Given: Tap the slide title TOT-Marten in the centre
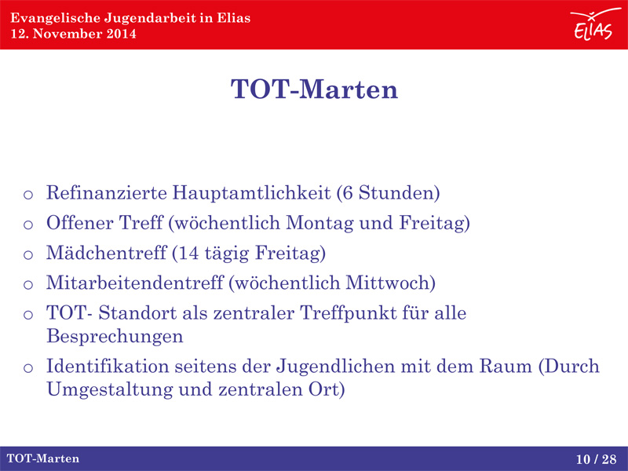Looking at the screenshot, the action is pos(315,89).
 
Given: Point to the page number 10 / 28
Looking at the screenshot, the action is pos(597,459).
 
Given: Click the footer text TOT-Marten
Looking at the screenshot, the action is pos(43,458).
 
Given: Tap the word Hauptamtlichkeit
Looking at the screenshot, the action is pos(251,193).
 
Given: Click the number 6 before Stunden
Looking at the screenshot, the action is pos(348,193).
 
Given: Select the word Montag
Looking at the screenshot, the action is pos(320,224).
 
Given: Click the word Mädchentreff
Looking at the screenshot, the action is pos(106,253).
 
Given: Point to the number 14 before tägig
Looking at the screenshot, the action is pos(188,253).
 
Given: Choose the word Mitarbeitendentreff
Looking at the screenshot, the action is pos(135,283).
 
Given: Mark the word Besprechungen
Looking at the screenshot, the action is pos(115,337).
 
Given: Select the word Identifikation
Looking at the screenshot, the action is pos(108,367).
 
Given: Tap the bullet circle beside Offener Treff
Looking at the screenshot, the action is pos(28,225).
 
